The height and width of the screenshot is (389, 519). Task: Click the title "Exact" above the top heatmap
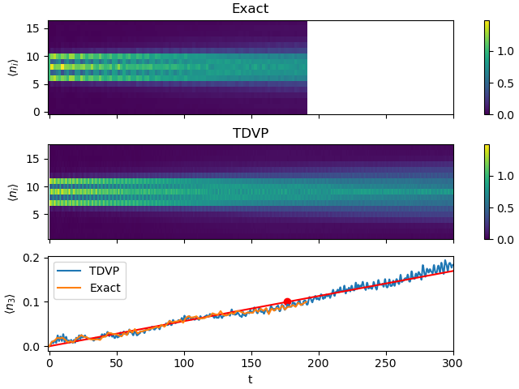click(250, 9)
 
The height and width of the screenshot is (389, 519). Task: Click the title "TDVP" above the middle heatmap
click(250, 133)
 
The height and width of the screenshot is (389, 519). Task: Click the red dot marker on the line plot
click(287, 301)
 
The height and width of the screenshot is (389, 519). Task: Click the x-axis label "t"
click(250, 379)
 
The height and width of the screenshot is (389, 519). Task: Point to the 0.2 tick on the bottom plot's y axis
click(33, 258)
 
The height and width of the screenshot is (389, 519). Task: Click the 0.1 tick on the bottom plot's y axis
click(33, 302)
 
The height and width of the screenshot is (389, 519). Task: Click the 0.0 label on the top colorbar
click(503, 114)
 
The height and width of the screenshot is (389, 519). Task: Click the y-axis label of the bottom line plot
click(11, 303)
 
